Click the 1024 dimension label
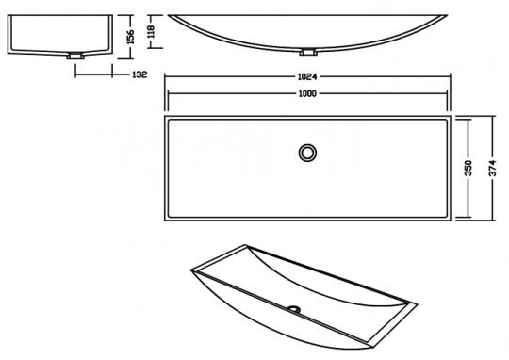coord(307,77)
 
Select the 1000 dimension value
coord(307,94)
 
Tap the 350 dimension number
coord(468,168)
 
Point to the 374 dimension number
coord(493,168)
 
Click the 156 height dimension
coord(130,37)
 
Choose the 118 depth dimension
coord(151,31)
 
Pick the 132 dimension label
coord(140,74)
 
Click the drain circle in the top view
coord(307,153)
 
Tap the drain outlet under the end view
coord(75,57)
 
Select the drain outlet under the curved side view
coord(307,52)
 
